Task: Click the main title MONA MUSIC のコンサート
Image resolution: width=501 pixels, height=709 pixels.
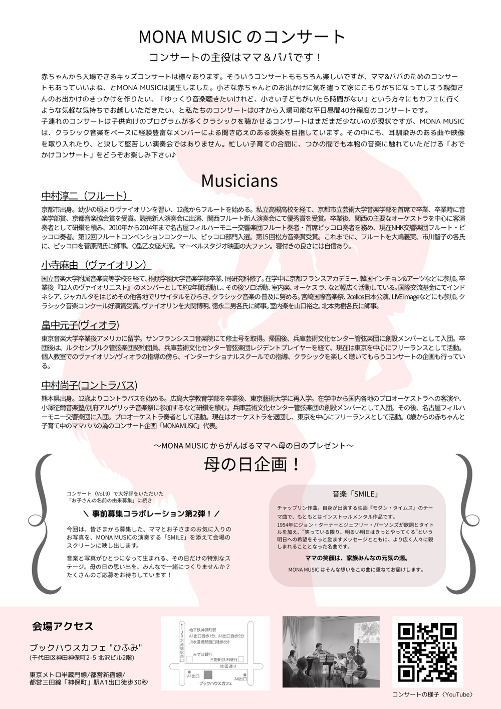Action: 242,37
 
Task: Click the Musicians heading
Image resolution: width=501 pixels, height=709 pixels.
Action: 239,181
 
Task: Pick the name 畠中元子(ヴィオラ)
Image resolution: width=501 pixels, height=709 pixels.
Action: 80,325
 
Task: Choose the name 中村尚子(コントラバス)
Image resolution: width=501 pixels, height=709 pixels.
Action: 89,385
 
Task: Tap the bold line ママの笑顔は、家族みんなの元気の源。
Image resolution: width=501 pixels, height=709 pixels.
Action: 357,558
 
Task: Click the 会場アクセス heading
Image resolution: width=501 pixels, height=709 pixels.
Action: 63,626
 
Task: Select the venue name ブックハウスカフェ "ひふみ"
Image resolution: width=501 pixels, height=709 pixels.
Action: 86,647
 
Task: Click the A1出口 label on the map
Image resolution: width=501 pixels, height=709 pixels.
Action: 193,676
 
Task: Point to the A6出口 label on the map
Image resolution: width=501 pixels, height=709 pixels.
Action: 240,678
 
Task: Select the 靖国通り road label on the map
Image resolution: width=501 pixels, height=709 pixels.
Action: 228,666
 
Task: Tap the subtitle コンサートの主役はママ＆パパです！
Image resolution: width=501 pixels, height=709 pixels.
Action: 235,57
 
